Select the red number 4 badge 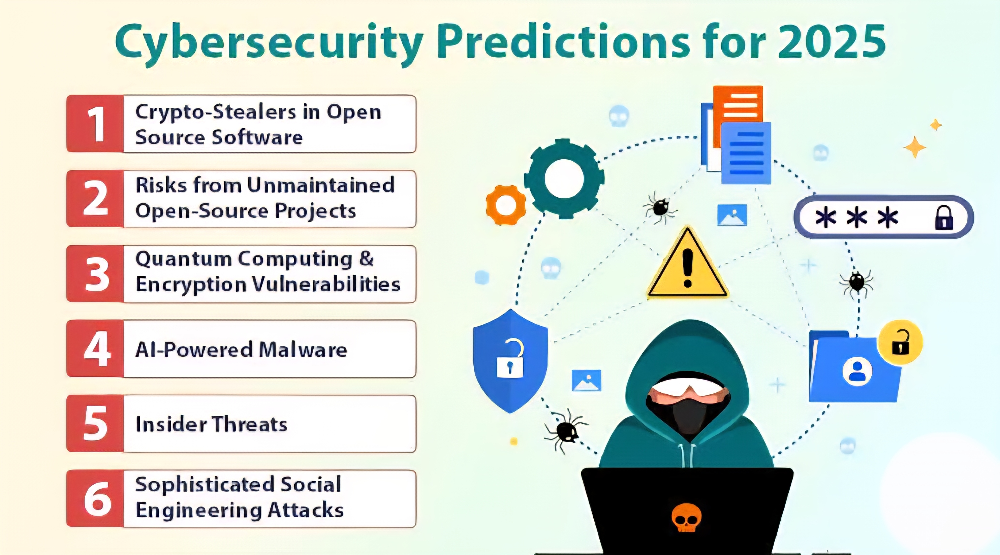[95, 349]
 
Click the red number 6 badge [95, 499]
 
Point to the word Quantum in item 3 [184, 259]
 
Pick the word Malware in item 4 [303, 350]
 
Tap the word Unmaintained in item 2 [321, 185]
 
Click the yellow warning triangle [687, 263]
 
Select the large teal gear [564, 178]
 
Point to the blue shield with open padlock [510, 361]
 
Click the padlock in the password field [944, 218]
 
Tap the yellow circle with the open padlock [900, 342]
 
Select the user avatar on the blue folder [857, 371]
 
